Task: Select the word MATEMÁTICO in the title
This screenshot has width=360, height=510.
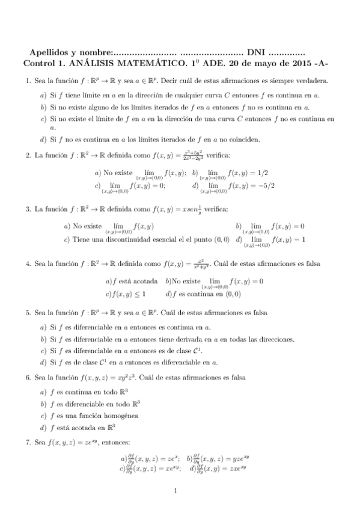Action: click(142, 62)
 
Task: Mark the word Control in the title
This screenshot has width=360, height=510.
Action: click(38, 62)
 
